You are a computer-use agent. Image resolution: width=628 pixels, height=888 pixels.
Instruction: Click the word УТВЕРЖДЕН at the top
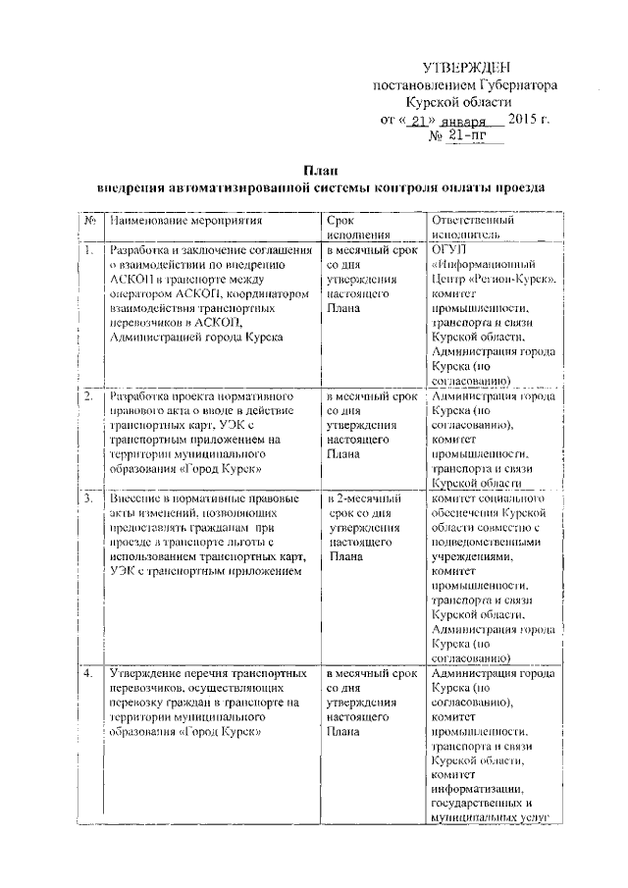click(x=466, y=68)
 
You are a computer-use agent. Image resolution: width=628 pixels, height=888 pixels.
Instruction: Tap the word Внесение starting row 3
click(x=138, y=499)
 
